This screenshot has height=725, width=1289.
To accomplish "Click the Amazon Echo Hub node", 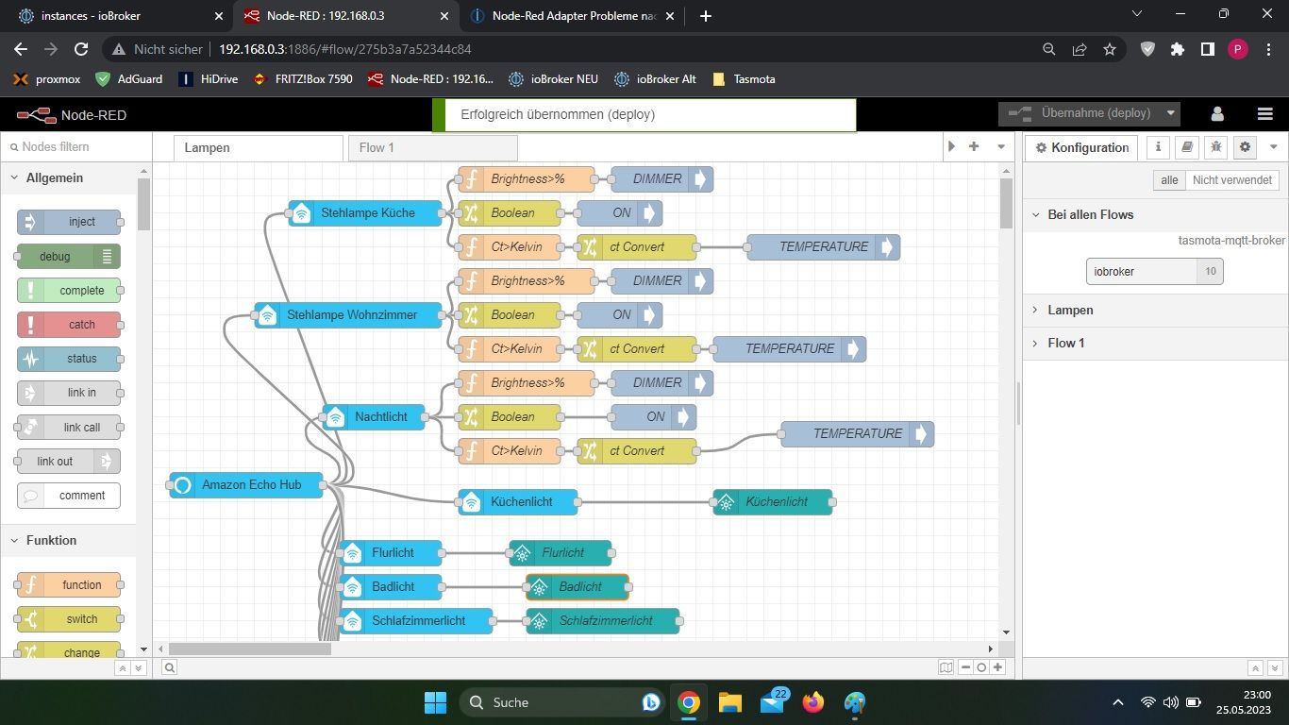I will pos(247,485).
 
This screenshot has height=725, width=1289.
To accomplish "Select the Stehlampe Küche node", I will pos(366,213).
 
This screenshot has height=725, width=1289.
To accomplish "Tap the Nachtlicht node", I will pos(379,417).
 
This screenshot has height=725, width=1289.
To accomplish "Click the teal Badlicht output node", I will pos(578,587).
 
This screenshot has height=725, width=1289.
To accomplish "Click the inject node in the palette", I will pos(70,222).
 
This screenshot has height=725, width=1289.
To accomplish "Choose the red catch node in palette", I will pos(70,325).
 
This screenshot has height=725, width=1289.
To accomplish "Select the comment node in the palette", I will pos(70,496).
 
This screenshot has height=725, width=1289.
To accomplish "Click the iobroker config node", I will pos(1143,272).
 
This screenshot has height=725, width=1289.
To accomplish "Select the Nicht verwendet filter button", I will pos(1231,180).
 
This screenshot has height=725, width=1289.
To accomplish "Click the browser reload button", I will pos(81,49).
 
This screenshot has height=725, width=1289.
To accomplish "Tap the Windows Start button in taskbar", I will pos(435,702).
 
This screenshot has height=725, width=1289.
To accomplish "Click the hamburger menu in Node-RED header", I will pos(1265,114).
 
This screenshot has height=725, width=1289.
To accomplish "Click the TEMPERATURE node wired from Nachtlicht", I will pos(857,434).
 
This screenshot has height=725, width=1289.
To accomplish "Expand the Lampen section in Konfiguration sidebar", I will pos(1070,311).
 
